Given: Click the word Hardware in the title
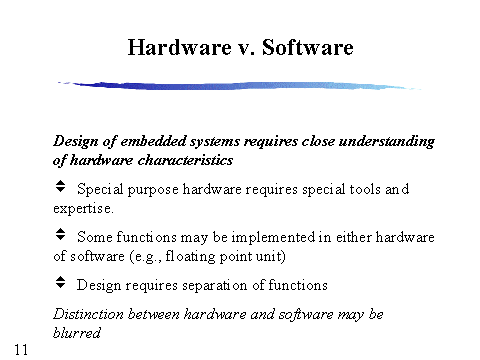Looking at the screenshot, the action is (180, 47).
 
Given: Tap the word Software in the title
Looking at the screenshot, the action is (308, 47).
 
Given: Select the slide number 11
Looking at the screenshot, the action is (21, 350).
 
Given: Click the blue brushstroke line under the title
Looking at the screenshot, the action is (239, 86).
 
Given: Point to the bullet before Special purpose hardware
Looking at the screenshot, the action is (60, 186).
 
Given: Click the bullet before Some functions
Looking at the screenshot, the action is (60, 234).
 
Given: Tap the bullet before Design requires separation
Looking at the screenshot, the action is (60, 282).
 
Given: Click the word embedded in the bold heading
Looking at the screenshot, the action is (153, 141).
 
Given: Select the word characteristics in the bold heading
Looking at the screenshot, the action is (185, 160).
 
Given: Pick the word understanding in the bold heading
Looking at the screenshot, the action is (387, 142).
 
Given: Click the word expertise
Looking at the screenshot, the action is (83, 209).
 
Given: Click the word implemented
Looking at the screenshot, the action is (273, 238).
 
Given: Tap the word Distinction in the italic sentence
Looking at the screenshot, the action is (88, 314).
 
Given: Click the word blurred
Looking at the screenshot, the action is (77, 333).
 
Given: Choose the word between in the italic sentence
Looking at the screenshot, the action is (154, 314).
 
